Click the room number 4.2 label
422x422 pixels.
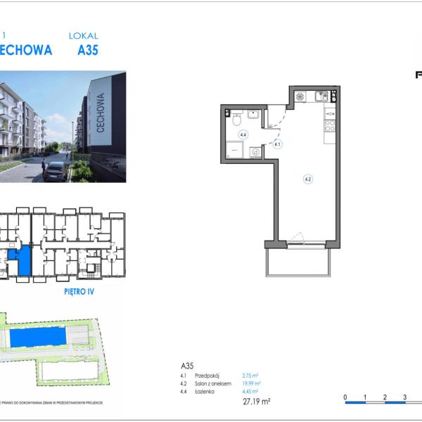tap(307, 179)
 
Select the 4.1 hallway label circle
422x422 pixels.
tap(278, 144)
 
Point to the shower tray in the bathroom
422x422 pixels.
tap(234, 150)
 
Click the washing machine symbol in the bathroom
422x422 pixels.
tap(255, 151)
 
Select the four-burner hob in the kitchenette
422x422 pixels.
tap(329, 126)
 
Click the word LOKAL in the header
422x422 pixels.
tap(84, 35)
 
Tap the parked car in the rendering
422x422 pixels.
tap(54, 171)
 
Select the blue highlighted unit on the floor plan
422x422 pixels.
tap(24, 260)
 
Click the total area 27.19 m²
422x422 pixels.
tap(257, 402)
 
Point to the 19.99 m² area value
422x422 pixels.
tap(251, 384)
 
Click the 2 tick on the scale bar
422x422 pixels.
tap(385, 397)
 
